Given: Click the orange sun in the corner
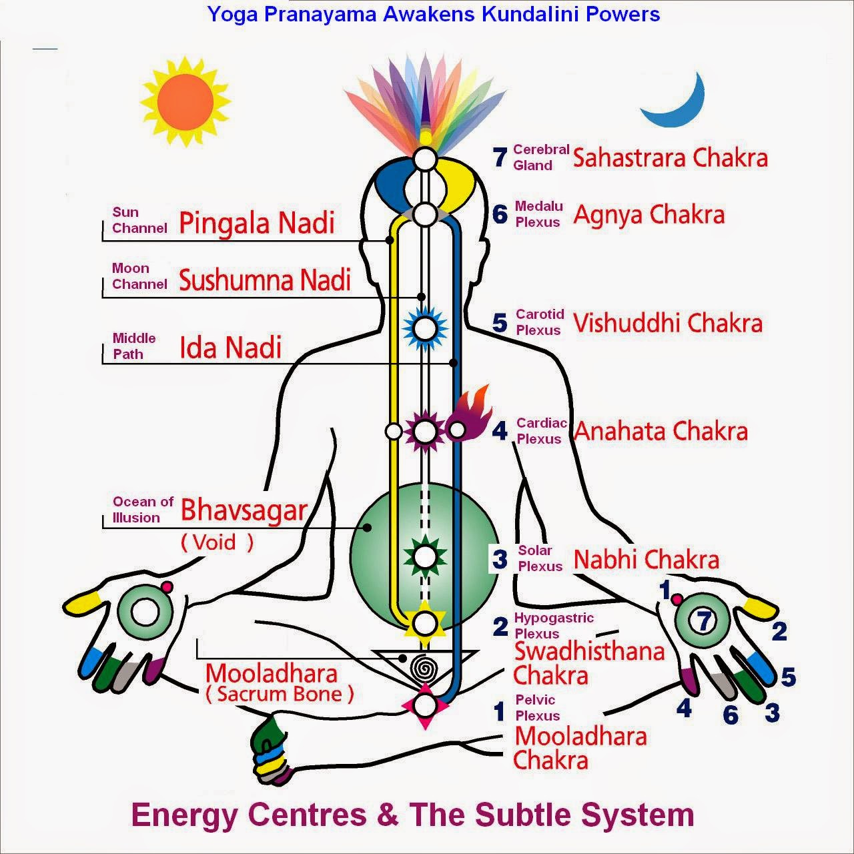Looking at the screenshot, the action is click(x=185, y=101).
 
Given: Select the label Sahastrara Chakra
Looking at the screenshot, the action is click(x=670, y=157).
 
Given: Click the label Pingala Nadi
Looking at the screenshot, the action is click(x=257, y=223).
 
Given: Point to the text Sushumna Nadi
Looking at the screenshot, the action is click(x=265, y=280).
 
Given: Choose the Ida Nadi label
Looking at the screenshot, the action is click(x=230, y=347).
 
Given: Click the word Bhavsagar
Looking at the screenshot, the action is click(x=244, y=510).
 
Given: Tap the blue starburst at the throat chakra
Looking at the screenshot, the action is click(x=425, y=328).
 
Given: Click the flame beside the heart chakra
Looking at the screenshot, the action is click(x=470, y=413).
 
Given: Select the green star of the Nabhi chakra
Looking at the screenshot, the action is click(x=425, y=556).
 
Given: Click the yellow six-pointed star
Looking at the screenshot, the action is click(x=425, y=622).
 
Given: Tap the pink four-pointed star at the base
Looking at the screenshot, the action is click(x=425, y=706).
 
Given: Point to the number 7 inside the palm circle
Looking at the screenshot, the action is click(x=704, y=621).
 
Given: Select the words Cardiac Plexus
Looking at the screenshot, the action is click(x=542, y=431).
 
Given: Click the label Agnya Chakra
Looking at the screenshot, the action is click(x=649, y=215).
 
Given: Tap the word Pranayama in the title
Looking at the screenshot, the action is click(x=320, y=15).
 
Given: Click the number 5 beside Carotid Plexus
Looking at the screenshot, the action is click(x=500, y=322).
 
